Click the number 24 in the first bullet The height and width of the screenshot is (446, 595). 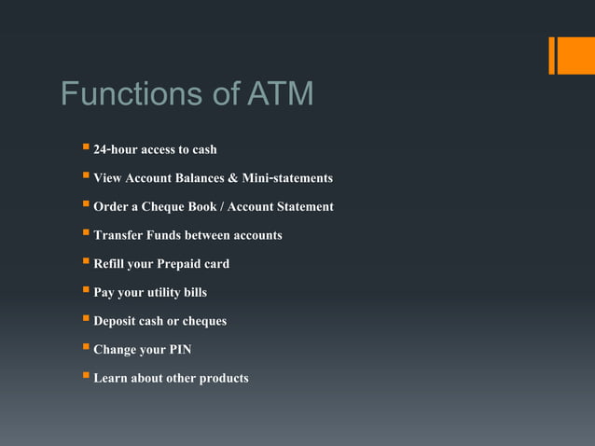pyautogui.click(x=102, y=149)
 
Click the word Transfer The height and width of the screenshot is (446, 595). pyautogui.click(x=118, y=235)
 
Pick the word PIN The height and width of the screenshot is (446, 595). pyautogui.click(x=179, y=350)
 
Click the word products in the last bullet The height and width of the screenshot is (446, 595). pyautogui.click(x=224, y=379)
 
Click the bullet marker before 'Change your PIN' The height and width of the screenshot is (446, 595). pyautogui.click(x=85, y=348)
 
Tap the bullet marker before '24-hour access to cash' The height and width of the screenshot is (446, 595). pyautogui.click(x=85, y=147)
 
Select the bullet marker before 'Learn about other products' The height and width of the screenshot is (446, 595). pyautogui.click(x=85, y=377)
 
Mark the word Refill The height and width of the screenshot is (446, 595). pyautogui.click(x=111, y=264)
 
